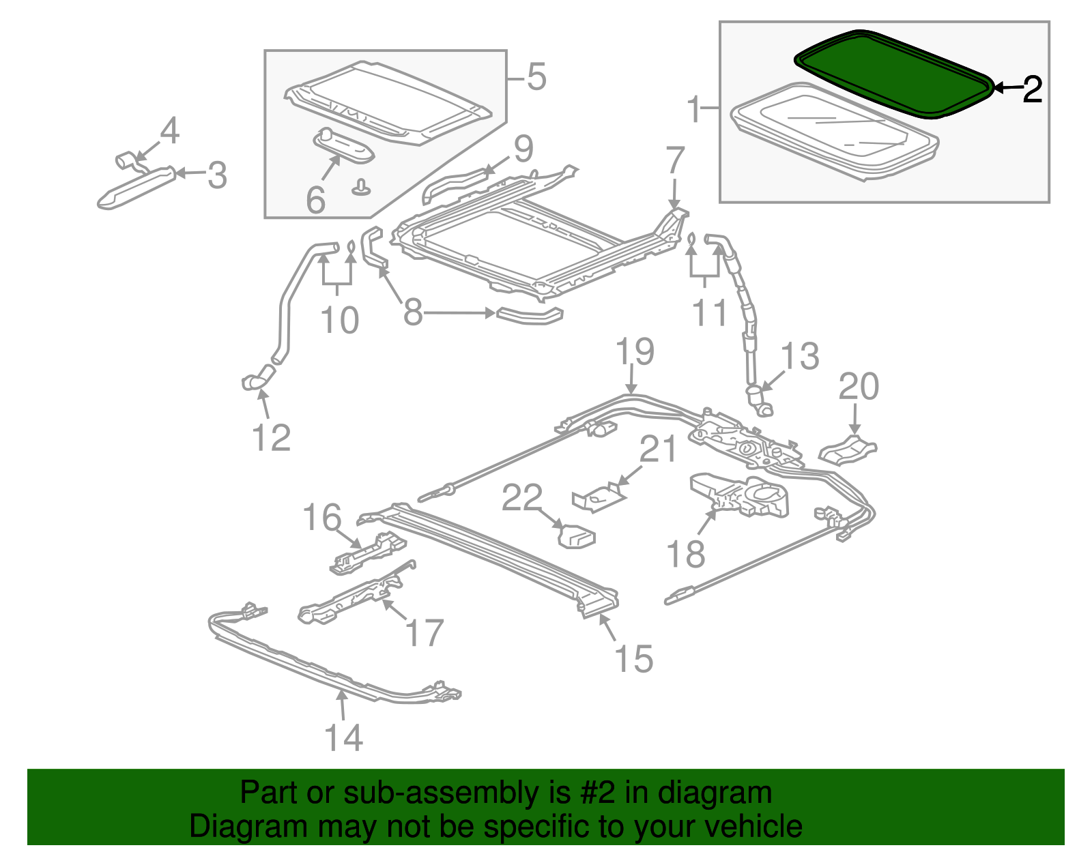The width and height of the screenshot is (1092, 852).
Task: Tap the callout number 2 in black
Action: pyautogui.click(x=1032, y=89)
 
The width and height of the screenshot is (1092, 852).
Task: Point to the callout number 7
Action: pyautogui.click(x=674, y=161)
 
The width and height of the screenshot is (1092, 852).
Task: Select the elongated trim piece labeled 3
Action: pyautogui.click(x=136, y=187)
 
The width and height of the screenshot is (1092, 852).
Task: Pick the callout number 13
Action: pyautogui.click(x=799, y=356)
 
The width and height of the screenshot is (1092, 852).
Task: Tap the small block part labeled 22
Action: pyautogui.click(x=577, y=537)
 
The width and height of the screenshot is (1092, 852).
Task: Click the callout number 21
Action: pyautogui.click(x=658, y=450)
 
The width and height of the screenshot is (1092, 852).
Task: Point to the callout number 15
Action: pyautogui.click(x=634, y=659)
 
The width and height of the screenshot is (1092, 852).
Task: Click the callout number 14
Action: pyautogui.click(x=343, y=737)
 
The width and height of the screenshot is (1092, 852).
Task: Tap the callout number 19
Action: pyautogui.click(x=635, y=352)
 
